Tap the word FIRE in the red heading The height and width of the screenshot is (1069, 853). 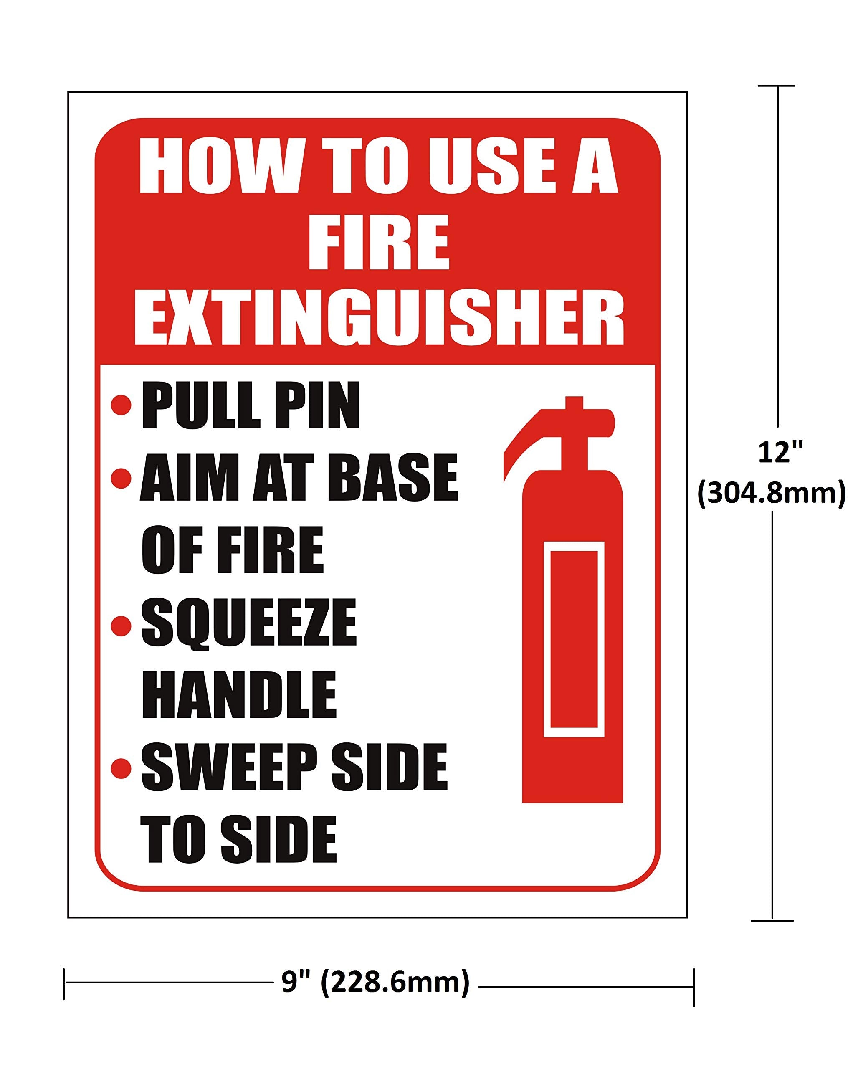(x=379, y=243)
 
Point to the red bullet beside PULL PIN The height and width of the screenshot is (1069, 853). (x=121, y=405)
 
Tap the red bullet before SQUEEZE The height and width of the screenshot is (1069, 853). (x=121, y=626)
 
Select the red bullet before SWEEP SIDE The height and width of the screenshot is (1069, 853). (x=121, y=768)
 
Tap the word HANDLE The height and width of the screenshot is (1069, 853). (x=239, y=695)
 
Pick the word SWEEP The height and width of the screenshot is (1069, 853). (x=229, y=768)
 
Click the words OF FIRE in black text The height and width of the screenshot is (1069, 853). (x=233, y=550)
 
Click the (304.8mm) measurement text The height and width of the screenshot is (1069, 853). (x=771, y=494)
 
